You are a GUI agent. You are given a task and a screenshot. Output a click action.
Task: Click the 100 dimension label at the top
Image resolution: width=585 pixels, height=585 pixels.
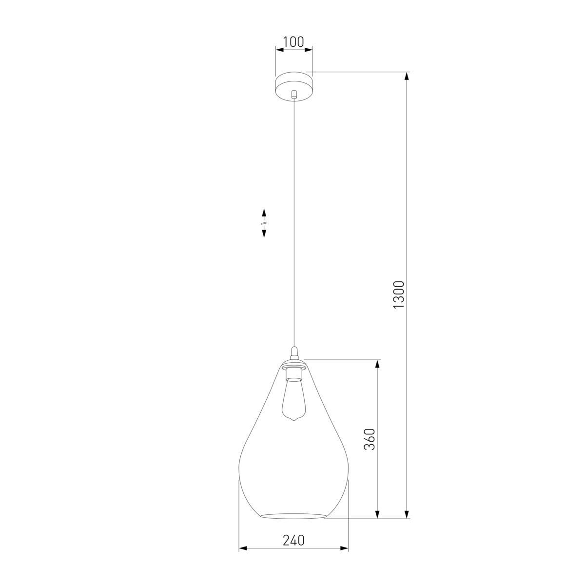point(293,41)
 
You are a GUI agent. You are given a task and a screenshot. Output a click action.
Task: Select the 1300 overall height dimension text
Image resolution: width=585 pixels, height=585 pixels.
point(399,294)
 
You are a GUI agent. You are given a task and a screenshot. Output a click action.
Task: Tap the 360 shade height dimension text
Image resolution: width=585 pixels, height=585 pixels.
point(370,439)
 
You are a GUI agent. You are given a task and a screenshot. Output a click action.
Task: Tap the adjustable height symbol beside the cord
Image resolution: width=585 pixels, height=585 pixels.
point(264,223)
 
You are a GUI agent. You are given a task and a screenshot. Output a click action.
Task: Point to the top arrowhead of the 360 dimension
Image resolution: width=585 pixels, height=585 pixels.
point(377,364)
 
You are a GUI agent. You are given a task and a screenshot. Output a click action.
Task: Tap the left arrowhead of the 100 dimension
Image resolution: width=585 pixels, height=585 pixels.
point(279,49)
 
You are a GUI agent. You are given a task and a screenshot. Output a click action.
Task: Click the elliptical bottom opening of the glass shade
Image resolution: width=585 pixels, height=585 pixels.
point(293,516)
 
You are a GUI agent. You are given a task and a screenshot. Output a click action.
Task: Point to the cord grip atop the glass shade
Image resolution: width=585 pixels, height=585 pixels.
point(293,352)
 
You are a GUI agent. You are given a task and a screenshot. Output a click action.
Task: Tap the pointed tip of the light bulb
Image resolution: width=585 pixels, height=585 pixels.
point(293,421)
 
